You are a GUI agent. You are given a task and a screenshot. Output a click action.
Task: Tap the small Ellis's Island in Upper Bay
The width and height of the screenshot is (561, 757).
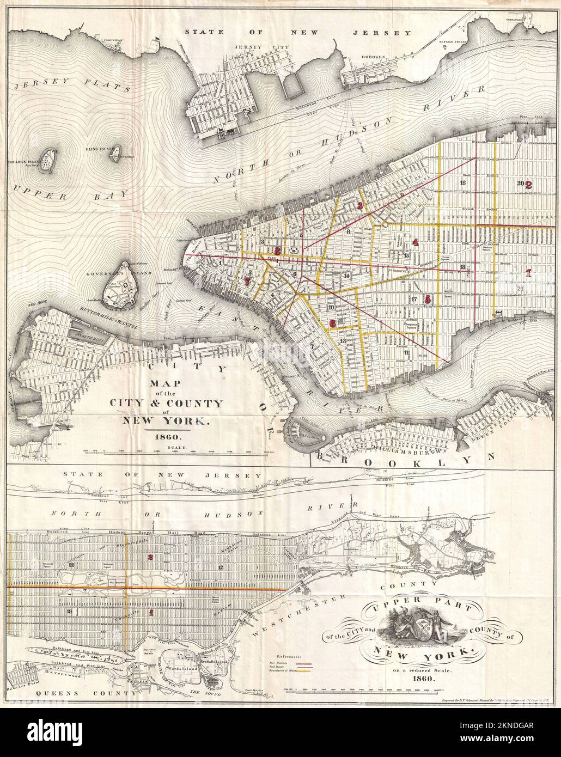click(115, 157)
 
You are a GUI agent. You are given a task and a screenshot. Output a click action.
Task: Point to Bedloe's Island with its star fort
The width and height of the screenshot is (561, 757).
click(51, 160)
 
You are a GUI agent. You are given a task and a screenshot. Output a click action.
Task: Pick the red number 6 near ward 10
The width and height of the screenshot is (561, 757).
click(333, 322)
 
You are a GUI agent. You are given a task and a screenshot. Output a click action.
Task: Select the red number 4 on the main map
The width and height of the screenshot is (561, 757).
click(416, 242)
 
